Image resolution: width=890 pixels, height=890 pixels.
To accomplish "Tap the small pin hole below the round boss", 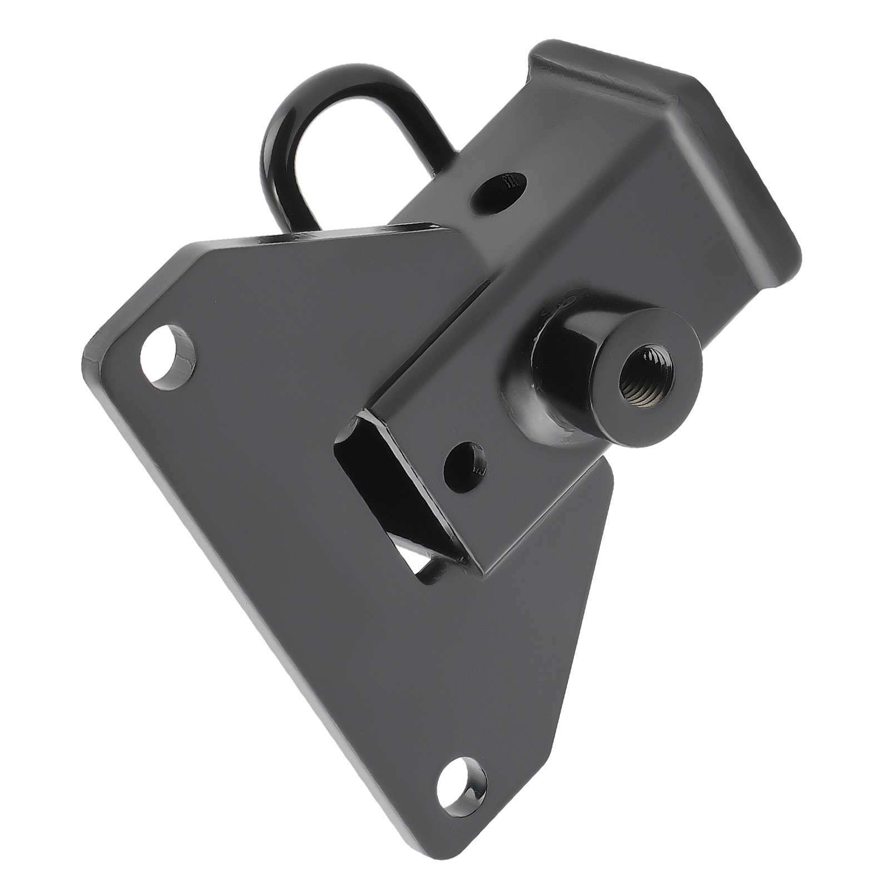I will pos(464,463).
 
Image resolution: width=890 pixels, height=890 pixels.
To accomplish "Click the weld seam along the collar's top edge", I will pos(606,72).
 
